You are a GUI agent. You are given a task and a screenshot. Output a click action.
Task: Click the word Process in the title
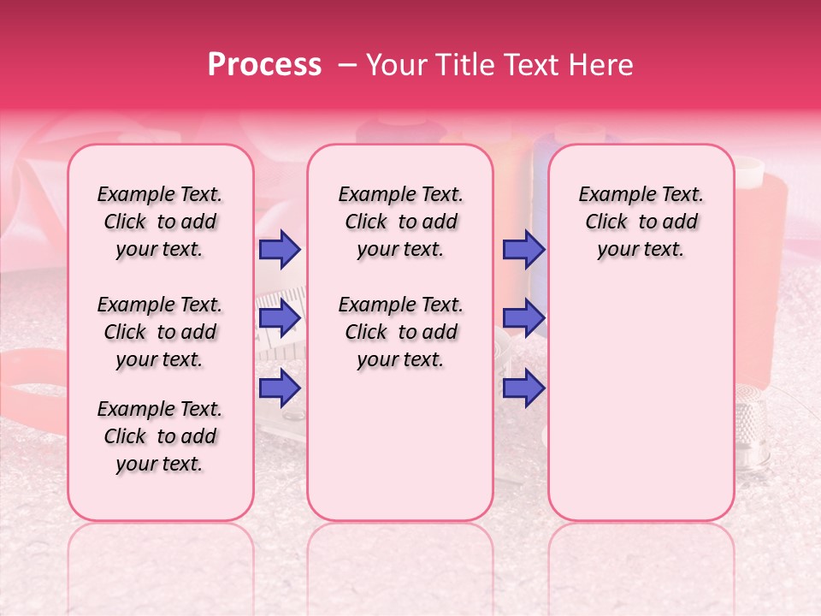[263, 65]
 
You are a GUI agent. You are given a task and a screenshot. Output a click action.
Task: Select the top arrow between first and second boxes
[280, 250]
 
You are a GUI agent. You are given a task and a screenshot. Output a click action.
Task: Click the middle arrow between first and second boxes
[280, 318]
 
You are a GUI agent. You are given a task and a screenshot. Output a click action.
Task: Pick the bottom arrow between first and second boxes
[280, 388]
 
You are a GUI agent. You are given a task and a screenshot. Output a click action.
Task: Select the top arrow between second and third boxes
[523, 250]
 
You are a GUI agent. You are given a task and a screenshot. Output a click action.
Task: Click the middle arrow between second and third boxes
[523, 318]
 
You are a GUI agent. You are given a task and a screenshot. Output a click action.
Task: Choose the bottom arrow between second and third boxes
[523, 388]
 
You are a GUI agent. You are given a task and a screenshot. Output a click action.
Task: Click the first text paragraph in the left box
[160, 222]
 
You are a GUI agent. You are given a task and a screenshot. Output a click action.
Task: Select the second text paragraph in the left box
[160, 332]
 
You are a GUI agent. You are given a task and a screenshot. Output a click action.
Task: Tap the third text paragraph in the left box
[160, 436]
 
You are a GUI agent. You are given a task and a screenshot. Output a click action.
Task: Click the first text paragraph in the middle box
[400, 222]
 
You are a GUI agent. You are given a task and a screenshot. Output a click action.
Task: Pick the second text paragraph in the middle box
[400, 332]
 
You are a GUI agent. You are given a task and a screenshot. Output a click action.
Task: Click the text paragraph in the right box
[641, 222]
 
